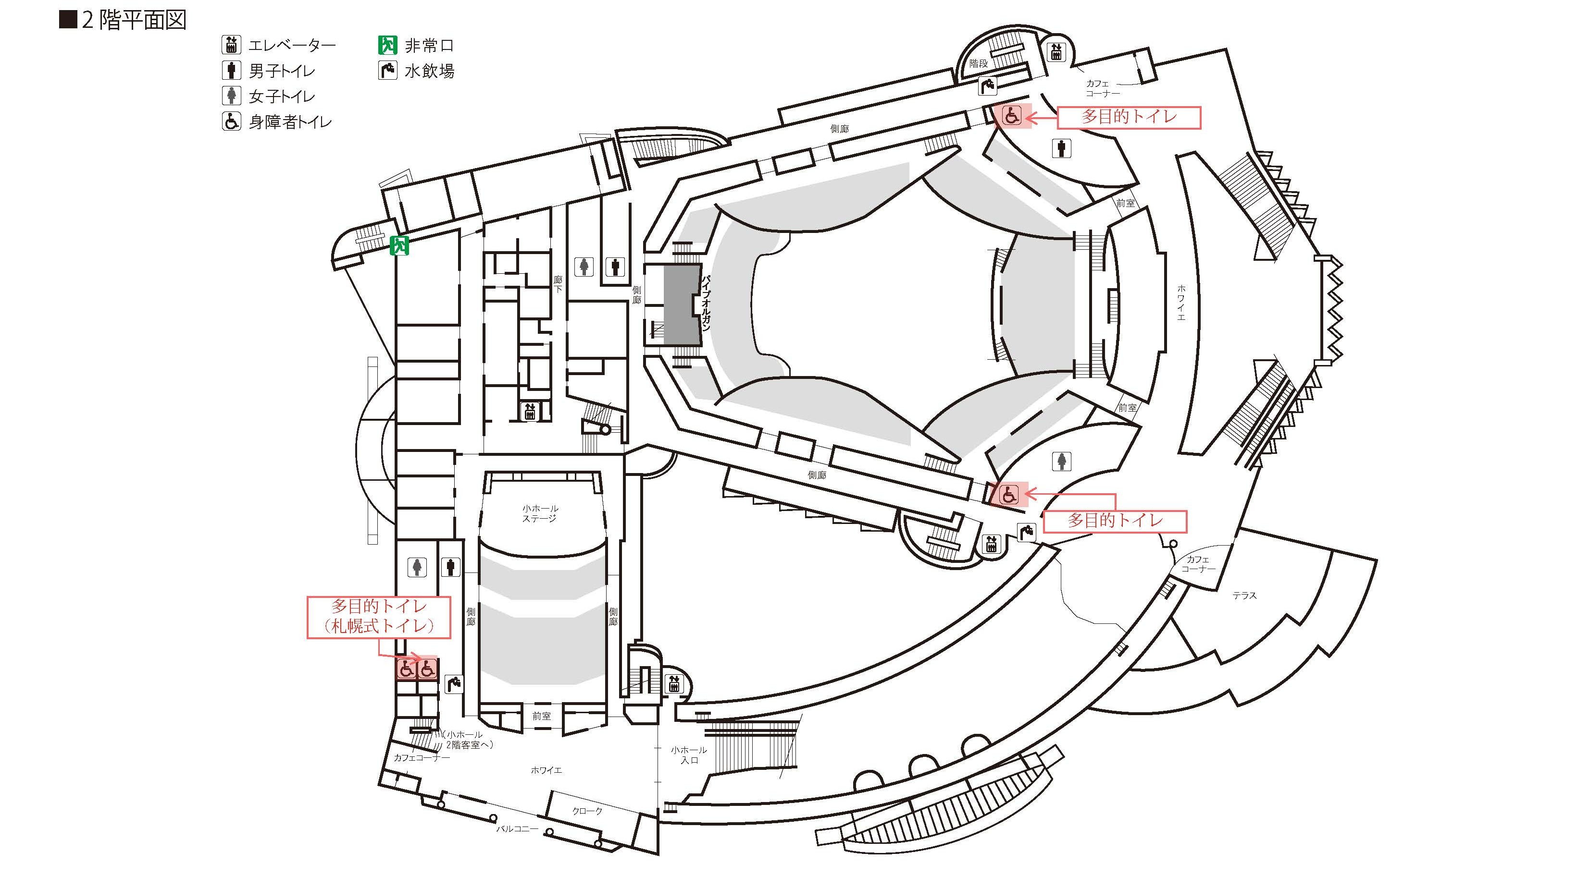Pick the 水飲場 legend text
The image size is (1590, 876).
tap(430, 72)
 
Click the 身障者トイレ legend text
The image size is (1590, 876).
tap(290, 122)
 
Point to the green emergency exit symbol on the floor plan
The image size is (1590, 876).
tap(399, 245)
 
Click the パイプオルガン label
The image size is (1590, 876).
tap(706, 302)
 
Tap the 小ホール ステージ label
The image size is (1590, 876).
tap(540, 513)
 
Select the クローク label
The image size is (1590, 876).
tap(587, 811)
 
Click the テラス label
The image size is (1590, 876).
tap(1244, 596)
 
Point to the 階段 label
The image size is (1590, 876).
tap(978, 63)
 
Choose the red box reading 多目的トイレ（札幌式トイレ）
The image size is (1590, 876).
tap(378, 616)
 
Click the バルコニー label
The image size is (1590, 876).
tap(517, 828)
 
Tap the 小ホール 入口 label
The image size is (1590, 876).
tap(689, 755)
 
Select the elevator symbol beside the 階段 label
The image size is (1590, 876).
tap(1056, 52)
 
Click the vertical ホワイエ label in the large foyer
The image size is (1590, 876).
tap(1181, 302)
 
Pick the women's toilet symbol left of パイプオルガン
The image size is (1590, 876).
tap(584, 267)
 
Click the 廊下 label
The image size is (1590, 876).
tap(558, 284)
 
